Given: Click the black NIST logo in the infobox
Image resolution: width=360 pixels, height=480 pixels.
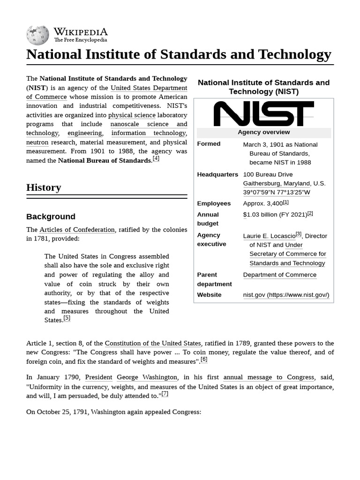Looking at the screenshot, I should click(x=263, y=113).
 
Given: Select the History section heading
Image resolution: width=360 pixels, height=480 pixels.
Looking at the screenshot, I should click(x=44, y=187).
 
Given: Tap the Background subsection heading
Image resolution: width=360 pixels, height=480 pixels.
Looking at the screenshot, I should click(x=51, y=217).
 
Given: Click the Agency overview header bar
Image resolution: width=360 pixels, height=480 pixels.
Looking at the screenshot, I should click(x=263, y=132).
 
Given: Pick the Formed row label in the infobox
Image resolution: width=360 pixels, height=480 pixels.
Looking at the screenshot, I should click(x=209, y=144).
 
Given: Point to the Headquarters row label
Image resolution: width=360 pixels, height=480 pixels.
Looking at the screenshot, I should click(x=217, y=174).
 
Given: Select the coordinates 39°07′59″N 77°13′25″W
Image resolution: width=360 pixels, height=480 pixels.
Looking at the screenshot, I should click(x=277, y=192).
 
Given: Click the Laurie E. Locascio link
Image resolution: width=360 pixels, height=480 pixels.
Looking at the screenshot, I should click(x=269, y=236).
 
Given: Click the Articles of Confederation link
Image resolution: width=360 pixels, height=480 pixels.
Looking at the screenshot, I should click(x=77, y=230).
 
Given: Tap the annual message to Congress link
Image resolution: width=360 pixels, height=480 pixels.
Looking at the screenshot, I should click(x=269, y=377).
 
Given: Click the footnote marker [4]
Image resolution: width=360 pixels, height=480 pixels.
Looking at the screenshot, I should click(x=156, y=158).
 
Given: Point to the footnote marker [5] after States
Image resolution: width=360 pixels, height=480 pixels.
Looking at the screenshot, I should click(x=67, y=318).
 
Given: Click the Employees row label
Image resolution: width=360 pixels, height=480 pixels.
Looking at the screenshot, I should click(x=214, y=203).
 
